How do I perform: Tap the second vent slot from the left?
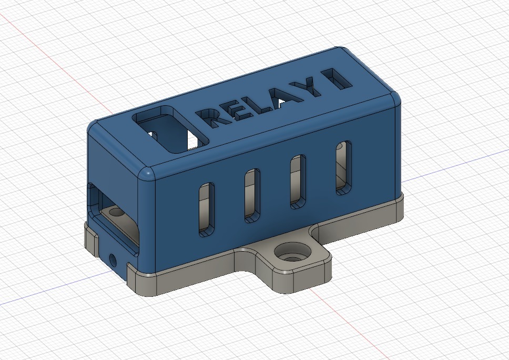tap(252, 195)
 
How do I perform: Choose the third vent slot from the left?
tap(298, 182)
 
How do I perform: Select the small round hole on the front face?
tap(113, 258)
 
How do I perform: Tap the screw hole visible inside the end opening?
tap(116, 212)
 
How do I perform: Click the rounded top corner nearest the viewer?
tap(147, 174)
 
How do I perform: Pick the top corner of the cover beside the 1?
tap(392, 99)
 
